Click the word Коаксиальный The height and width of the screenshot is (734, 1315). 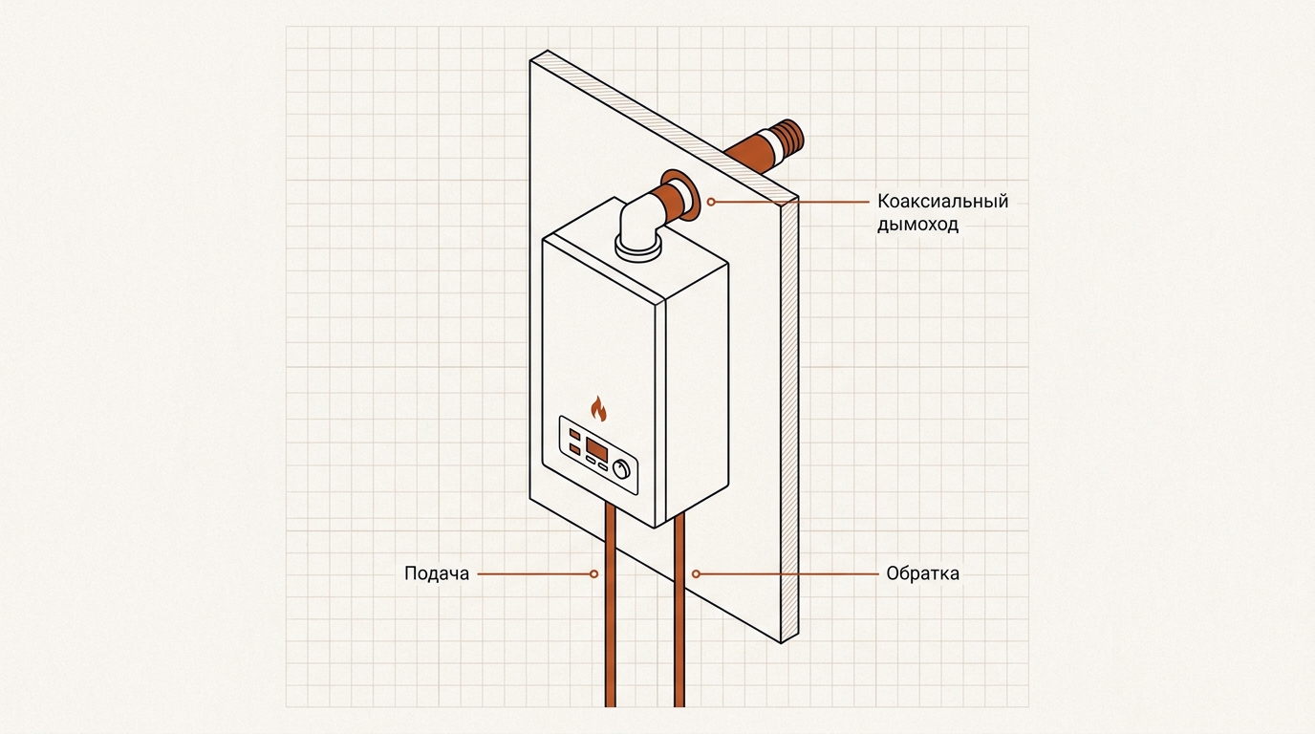click(943, 201)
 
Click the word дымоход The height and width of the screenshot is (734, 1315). click(918, 225)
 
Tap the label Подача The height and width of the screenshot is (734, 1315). click(437, 573)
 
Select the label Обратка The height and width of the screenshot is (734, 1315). click(923, 573)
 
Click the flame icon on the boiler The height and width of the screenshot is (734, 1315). click(598, 408)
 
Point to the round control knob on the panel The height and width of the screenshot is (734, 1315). click(621, 469)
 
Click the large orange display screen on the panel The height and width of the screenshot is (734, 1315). click(597, 449)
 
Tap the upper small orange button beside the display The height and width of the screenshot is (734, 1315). click(574, 435)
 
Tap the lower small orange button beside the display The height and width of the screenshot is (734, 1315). click(574, 449)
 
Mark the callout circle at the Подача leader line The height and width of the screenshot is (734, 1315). click(594, 573)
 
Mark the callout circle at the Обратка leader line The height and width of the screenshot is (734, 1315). click(696, 573)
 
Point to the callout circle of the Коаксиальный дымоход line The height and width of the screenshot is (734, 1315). click(711, 202)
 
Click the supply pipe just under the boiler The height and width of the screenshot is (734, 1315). click(611, 529)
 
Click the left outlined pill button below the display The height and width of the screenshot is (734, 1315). click(592, 461)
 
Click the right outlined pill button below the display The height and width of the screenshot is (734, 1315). click(603, 466)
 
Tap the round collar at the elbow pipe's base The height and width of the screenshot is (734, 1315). click(638, 249)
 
